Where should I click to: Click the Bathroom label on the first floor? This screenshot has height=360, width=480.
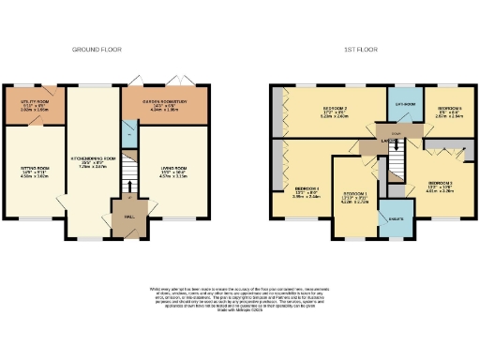pyautogui.click(x=404, y=104)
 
